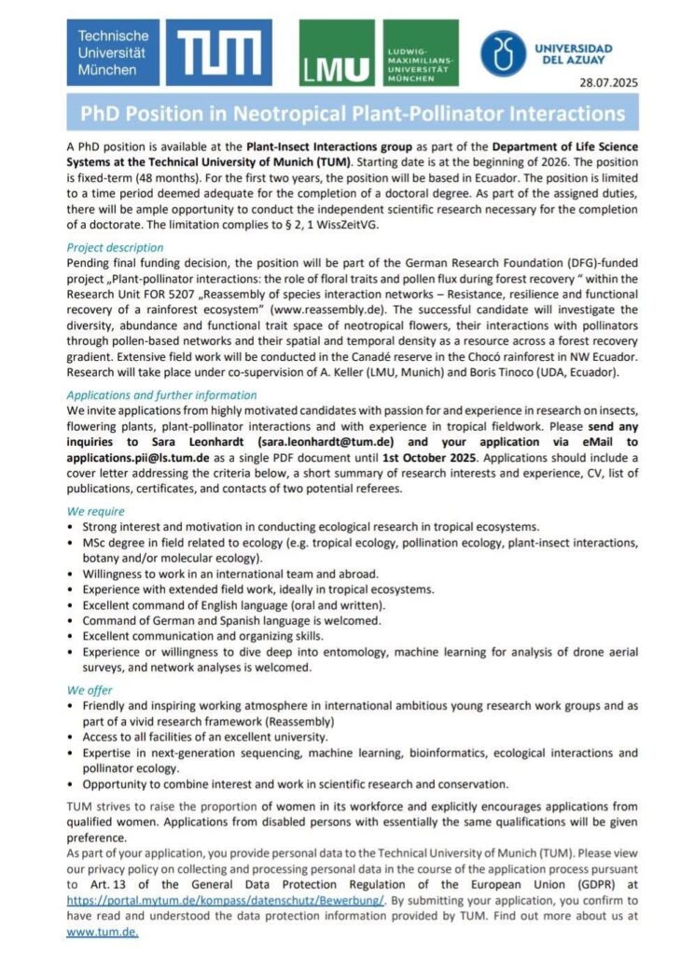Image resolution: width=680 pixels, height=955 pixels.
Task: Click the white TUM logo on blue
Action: coord(223,54)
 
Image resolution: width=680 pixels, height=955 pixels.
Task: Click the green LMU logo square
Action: coord(335,53)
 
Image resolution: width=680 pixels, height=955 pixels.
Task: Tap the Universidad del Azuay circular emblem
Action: coord(504,53)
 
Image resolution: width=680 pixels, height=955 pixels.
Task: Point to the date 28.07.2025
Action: coord(609,84)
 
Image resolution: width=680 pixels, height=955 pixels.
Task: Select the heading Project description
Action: coord(115,247)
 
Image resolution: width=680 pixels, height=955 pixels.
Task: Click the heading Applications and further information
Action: coord(161,394)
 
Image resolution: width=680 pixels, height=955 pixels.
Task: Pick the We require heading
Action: coord(95,512)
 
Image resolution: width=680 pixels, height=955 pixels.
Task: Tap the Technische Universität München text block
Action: coord(111,53)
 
